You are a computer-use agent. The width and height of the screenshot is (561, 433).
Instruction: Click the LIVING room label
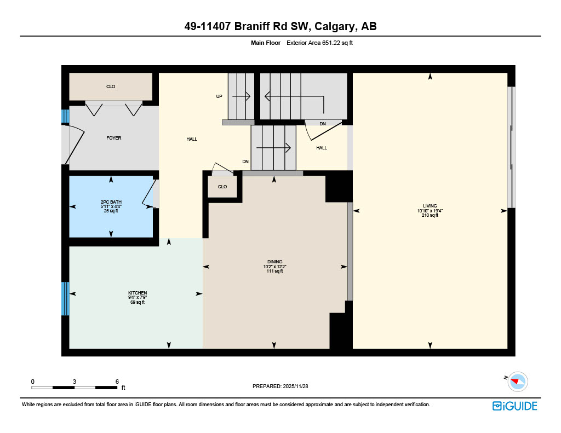[430, 206]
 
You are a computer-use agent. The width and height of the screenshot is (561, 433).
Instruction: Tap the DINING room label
[274, 262]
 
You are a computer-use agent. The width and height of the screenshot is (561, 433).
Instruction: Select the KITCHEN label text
[138, 293]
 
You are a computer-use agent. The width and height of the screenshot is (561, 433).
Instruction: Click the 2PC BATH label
[111, 202]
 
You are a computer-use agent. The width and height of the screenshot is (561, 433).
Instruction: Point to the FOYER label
[114, 138]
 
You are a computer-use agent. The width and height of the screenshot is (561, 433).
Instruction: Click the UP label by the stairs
[219, 96]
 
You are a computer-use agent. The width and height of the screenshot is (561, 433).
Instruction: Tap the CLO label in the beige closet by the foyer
[111, 86]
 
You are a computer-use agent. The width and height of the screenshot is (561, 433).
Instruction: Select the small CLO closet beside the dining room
[222, 187]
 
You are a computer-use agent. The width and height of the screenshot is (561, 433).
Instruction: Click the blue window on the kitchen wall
[65, 298]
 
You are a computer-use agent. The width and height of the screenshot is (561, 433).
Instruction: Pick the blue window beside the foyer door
[65, 116]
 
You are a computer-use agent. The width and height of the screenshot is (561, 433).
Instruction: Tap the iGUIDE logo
[514, 406]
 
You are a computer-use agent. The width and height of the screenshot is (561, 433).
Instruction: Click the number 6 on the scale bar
[117, 381]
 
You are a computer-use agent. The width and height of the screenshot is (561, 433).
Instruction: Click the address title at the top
[280, 26]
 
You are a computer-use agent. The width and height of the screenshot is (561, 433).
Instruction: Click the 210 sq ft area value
[430, 216]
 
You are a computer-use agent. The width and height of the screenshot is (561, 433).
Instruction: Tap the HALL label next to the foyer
[192, 139]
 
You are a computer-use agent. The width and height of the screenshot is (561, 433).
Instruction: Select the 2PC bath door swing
[148, 194]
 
